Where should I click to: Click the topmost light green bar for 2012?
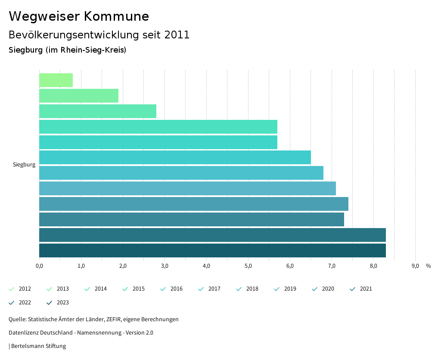[56, 80]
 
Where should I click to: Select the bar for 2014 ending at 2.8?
[98, 111]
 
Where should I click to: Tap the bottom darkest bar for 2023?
[212, 250]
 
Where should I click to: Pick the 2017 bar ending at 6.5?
[175, 157]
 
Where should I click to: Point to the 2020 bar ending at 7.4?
[194, 204]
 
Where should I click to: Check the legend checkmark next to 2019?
[276, 289]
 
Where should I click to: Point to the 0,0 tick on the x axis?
[39, 266]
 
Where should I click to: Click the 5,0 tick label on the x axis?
[248, 266]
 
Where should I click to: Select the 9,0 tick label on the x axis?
[415, 266]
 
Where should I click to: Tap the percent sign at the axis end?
[428, 266]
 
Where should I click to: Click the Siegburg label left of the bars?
[24, 165]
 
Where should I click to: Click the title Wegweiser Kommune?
[79, 16]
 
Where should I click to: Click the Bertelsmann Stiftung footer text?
[38, 346]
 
